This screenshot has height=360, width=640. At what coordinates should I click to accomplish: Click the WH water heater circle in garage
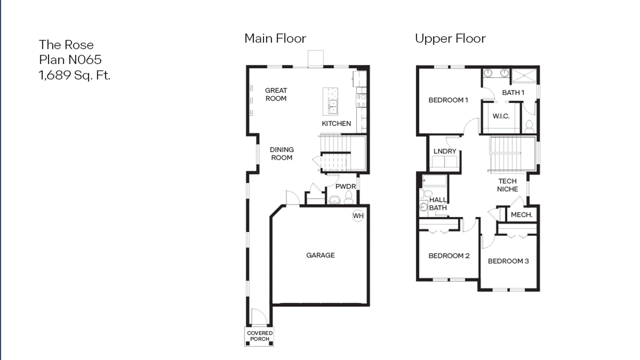click(x=358, y=216)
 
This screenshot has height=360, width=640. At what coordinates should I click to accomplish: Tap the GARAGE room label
click(x=320, y=255)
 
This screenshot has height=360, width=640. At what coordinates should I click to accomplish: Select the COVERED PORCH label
click(x=259, y=336)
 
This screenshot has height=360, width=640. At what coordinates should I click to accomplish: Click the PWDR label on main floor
click(x=345, y=186)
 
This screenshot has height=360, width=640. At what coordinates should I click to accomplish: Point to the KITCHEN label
click(x=336, y=124)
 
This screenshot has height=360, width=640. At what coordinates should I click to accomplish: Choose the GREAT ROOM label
click(x=276, y=94)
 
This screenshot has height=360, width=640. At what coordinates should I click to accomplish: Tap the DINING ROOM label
click(x=282, y=154)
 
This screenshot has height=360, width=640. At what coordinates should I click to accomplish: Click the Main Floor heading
click(x=275, y=38)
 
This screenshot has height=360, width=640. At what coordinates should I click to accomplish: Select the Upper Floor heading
click(x=450, y=38)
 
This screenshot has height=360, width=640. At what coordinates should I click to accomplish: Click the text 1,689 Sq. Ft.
click(x=75, y=75)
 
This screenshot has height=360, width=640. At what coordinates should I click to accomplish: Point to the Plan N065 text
click(x=70, y=60)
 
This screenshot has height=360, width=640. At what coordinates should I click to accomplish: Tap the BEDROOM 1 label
click(x=448, y=100)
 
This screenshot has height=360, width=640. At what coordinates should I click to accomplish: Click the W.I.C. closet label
click(x=501, y=116)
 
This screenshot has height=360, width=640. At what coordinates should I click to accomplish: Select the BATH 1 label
click(x=513, y=93)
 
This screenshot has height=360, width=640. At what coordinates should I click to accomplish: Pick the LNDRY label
click(x=445, y=151)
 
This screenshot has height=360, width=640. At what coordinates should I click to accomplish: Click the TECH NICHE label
click(x=507, y=185)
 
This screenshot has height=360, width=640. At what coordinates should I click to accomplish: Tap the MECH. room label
click(x=521, y=215)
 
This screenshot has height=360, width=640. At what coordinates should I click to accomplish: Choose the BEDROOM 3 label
click(x=508, y=261)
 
